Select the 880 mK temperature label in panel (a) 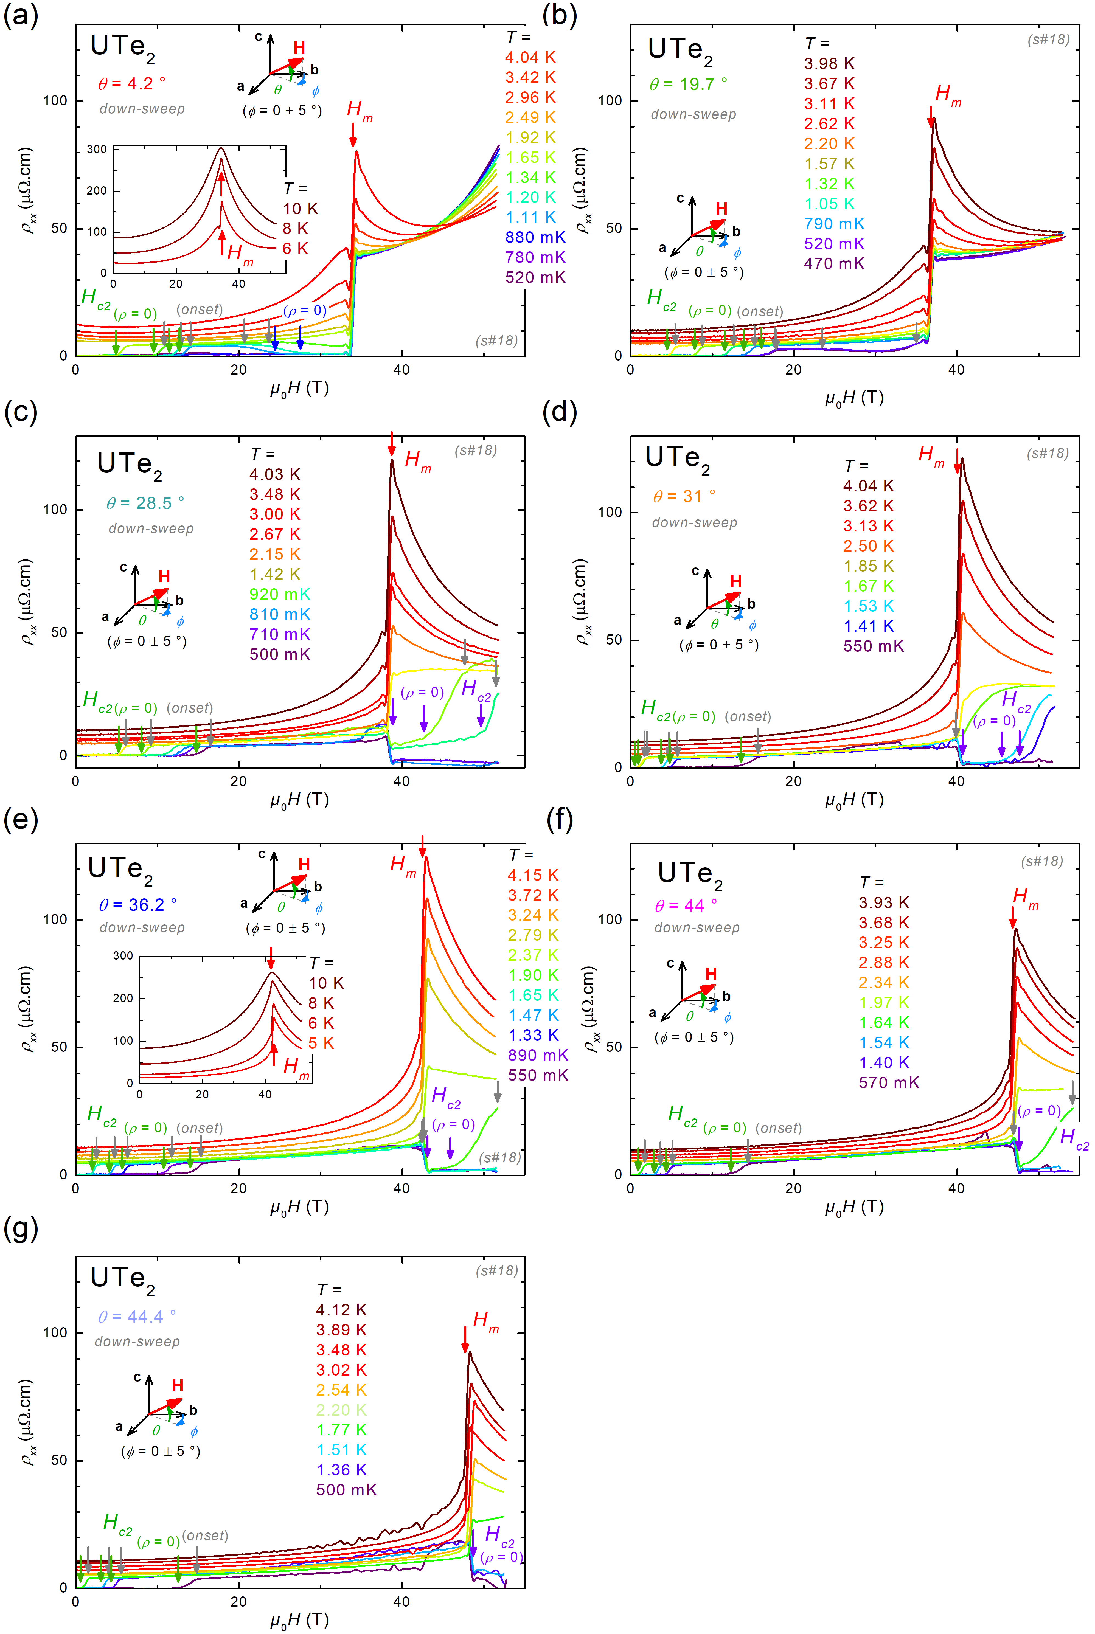pyautogui.click(x=535, y=237)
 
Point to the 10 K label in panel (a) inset pyautogui.click(x=300, y=209)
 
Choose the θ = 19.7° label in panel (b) pyautogui.click(x=688, y=85)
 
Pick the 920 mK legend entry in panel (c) pyautogui.click(x=279, y=594)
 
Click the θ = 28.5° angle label pyautogui.click(x=145, y=504)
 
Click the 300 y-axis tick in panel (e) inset pyautogui.click(x=123, y=956)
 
